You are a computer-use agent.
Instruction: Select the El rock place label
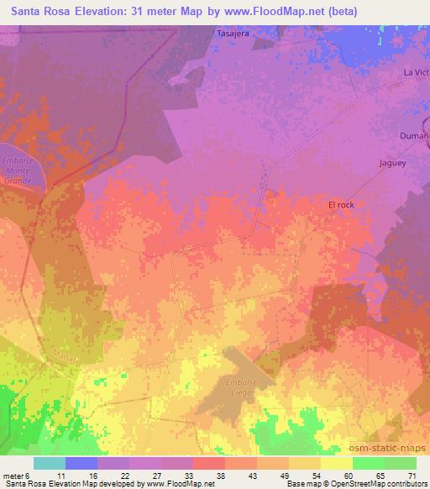coord(342,204)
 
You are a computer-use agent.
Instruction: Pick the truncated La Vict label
coord(416,73)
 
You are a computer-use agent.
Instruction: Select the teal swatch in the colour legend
coord(50,463)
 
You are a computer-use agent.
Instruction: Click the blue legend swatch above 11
coord(81,463)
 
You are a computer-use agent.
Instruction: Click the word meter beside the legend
coord(14,475)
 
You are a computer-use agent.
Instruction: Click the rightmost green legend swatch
coord(400,463)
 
